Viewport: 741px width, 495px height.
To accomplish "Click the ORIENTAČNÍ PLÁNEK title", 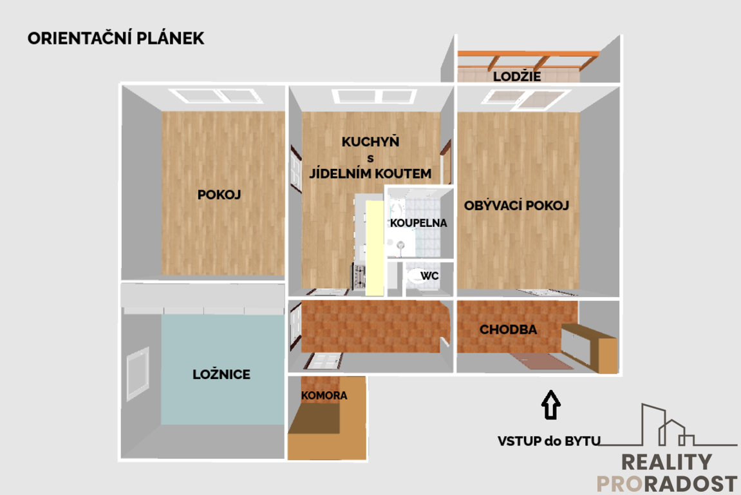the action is tap(116, 38).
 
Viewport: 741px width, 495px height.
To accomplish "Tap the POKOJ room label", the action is tap(220, 195).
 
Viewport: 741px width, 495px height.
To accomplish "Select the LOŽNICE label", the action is tap(221, 374).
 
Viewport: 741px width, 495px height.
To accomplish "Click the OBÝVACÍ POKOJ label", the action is tap(516, 206).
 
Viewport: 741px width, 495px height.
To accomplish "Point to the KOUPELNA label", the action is tap(418, 223).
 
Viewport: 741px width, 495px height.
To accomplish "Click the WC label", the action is tap(429, 275).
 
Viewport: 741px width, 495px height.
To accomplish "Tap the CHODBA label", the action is tap(508, 329).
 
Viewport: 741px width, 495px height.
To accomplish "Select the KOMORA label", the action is tap(324, 395).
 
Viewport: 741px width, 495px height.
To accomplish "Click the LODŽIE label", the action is tap(517, 76).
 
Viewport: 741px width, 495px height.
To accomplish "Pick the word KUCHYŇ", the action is tap(371, 142).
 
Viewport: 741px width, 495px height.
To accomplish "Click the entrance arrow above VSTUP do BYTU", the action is tap(550, 405).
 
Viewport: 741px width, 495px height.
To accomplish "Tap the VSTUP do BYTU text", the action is tap(549, 441).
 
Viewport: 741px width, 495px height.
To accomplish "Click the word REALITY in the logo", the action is tap(666, 462).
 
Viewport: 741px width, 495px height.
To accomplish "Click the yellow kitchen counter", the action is tap(374, 248).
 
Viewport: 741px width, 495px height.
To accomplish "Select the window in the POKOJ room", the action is tap(216, 95).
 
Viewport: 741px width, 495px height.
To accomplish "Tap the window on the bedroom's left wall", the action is tap(138, 374).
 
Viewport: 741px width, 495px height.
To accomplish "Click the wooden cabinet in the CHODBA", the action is tap(590, 348).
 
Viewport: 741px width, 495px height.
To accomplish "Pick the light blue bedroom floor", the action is tap(222, 369).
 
